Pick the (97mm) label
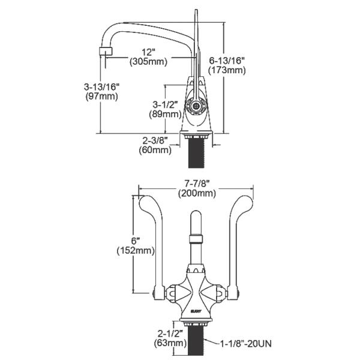(101, 97)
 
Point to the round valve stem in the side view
(195, 106)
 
